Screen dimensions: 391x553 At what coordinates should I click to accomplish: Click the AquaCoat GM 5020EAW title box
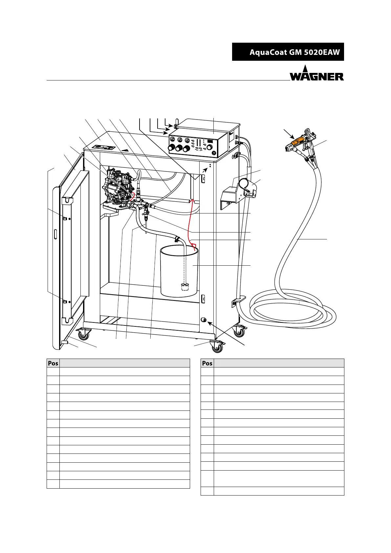pos(288,52)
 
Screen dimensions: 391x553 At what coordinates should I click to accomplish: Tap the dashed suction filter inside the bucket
pos(186,287)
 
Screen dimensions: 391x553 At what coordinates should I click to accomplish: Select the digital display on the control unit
pos(210,142)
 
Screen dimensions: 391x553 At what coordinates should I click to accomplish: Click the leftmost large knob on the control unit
pos(171,147)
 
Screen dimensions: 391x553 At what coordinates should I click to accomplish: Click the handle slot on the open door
pos(55,234)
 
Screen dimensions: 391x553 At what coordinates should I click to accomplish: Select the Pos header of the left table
pos(53,363)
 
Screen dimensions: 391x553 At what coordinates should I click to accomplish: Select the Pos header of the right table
pos(207,363)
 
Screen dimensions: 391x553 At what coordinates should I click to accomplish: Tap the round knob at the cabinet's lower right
pos(203,320)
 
